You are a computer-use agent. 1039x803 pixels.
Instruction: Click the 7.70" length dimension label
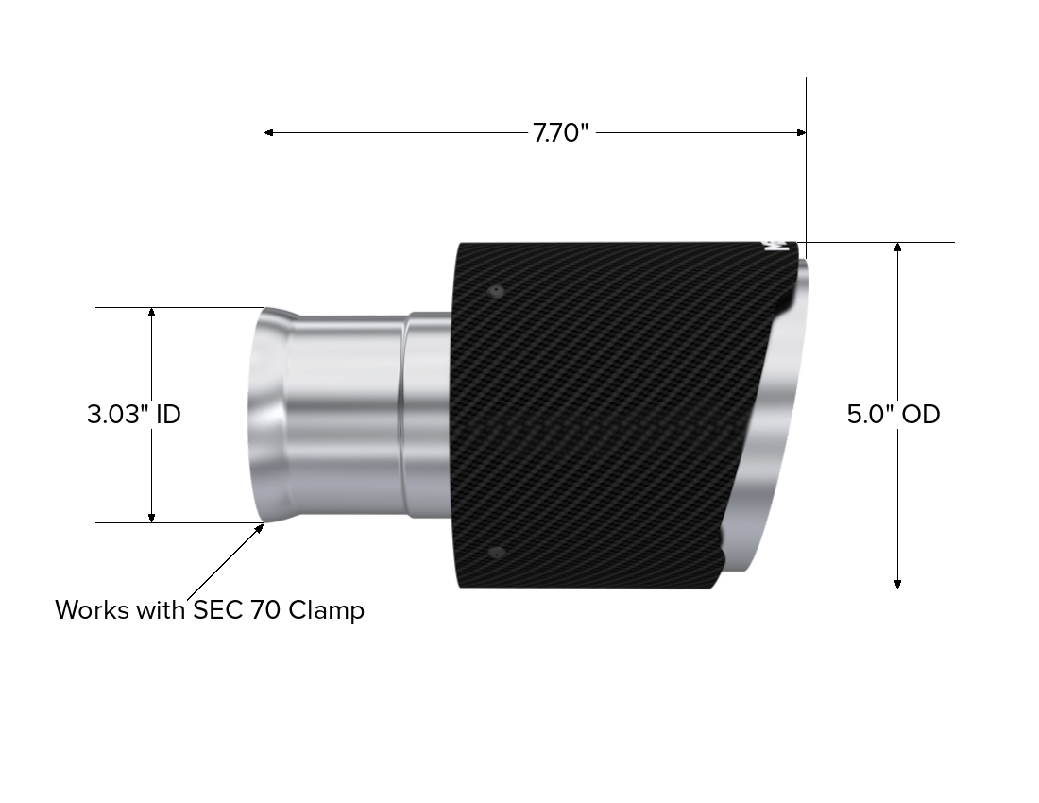[x=561, y=133]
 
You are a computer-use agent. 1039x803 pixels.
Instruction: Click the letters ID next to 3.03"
[x=167, y=414]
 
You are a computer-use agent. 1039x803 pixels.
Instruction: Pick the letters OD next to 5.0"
[x=921, y=414]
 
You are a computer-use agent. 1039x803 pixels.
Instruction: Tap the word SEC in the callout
[x=218, y=609]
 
